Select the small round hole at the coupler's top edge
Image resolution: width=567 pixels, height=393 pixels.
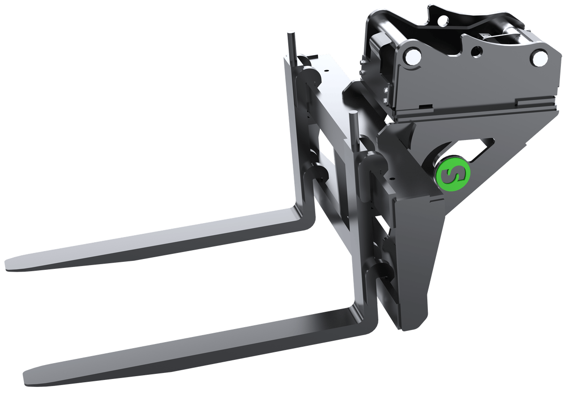[x=441, y=20]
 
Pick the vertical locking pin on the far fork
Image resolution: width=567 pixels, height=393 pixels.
[x=291, y=47]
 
